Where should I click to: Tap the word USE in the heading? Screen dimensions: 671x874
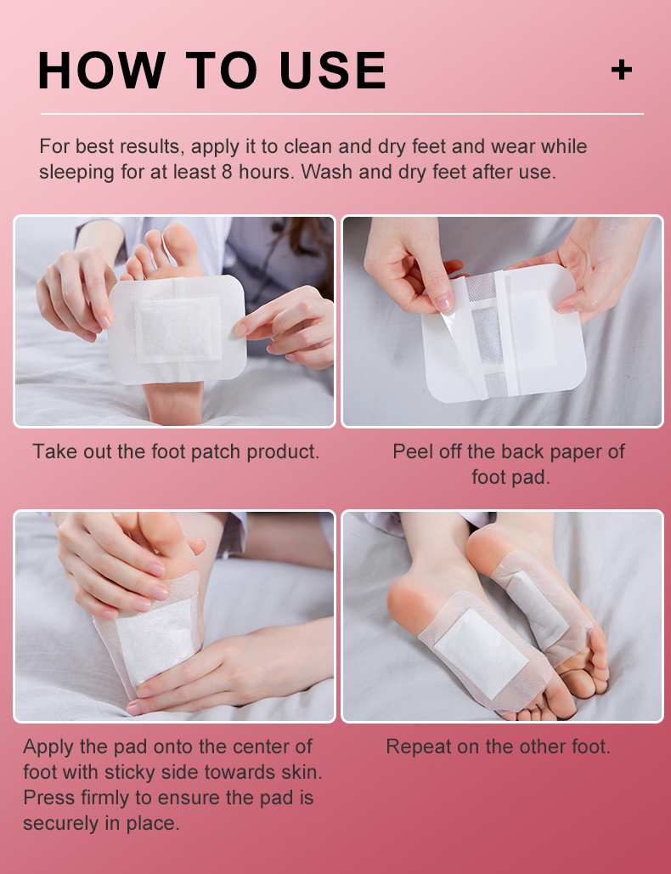click(333, 71)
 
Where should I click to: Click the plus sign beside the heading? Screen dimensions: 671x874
click(622, 70)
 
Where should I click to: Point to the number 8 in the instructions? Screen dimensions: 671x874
click(227, 172)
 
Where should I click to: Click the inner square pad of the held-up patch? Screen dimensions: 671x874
click(178, 331)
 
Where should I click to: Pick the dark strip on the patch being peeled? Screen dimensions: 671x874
click(489, 333)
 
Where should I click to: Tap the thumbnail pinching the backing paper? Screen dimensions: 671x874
click(444, 304)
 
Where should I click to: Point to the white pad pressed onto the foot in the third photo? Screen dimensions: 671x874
click(157, 641)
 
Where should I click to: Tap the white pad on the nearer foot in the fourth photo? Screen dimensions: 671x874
click(481, 653)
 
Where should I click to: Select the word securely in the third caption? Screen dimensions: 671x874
click(62, 824)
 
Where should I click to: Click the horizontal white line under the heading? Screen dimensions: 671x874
click(342, 114)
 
